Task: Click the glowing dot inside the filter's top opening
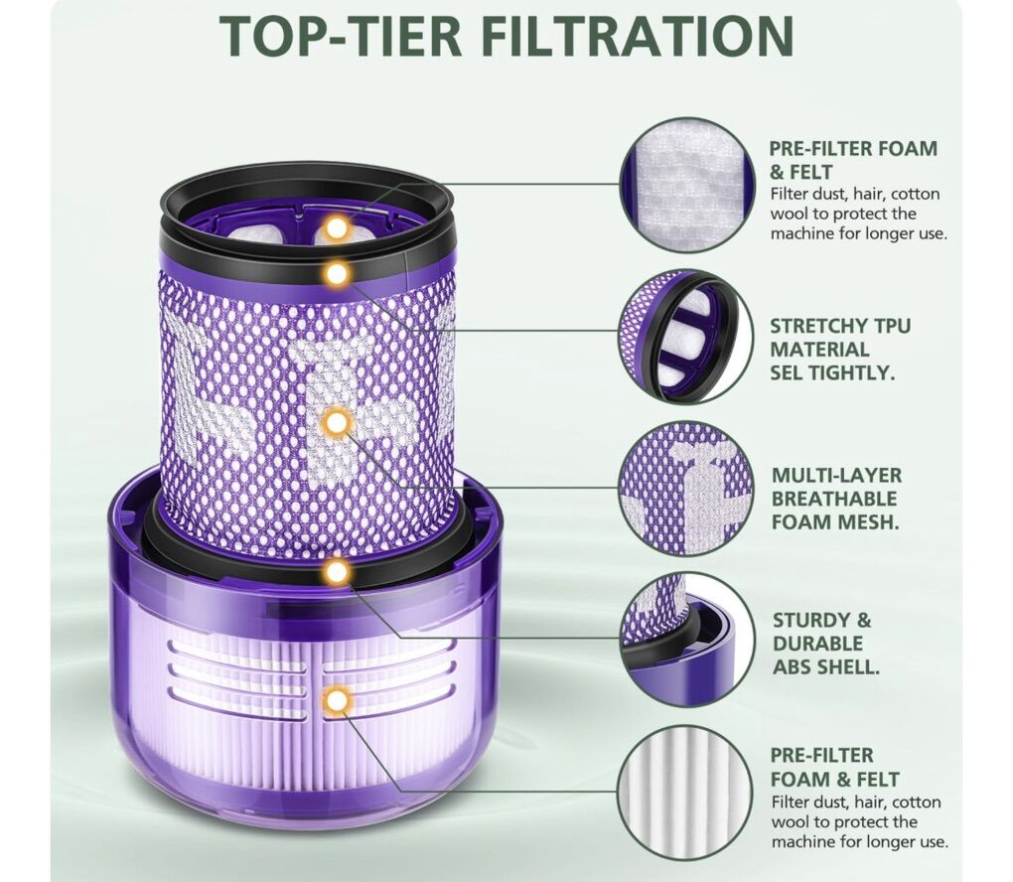click(336, 227)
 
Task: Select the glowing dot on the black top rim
click(336, 274)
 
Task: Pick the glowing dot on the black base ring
click(337, 571)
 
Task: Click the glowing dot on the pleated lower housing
click(336, 700)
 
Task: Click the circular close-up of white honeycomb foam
click(686, 184)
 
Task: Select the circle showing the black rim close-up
click(686, 337)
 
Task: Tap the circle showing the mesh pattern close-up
click(686, 488)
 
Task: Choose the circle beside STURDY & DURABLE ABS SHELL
click(686, 640)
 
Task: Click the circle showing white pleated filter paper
click(686, 792)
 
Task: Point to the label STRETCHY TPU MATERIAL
click(840, 338)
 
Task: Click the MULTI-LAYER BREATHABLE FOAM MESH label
click(836, 499)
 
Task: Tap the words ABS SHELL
click(826, 666)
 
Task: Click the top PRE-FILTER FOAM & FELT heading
click(853, 160)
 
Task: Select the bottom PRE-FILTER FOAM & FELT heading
click(834, 767)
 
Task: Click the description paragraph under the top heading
click(859, 214)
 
